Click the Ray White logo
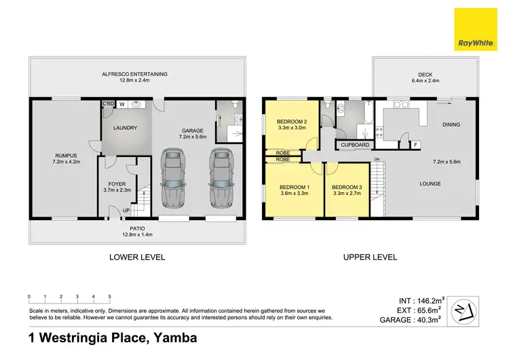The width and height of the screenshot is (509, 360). click(476, 29)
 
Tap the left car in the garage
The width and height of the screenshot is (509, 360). click(173, 178)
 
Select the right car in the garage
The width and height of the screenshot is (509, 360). click(222, 178)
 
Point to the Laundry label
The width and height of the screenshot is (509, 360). click(126, 128)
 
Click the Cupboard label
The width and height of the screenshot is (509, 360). click(355, 145)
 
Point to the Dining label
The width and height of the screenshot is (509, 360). click(451, 125)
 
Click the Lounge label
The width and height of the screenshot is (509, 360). click(430, 183)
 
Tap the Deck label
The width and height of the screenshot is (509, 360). click(412, 75)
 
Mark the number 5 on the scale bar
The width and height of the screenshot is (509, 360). click(109, 297)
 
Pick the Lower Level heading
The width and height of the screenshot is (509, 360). click(137, 257)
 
